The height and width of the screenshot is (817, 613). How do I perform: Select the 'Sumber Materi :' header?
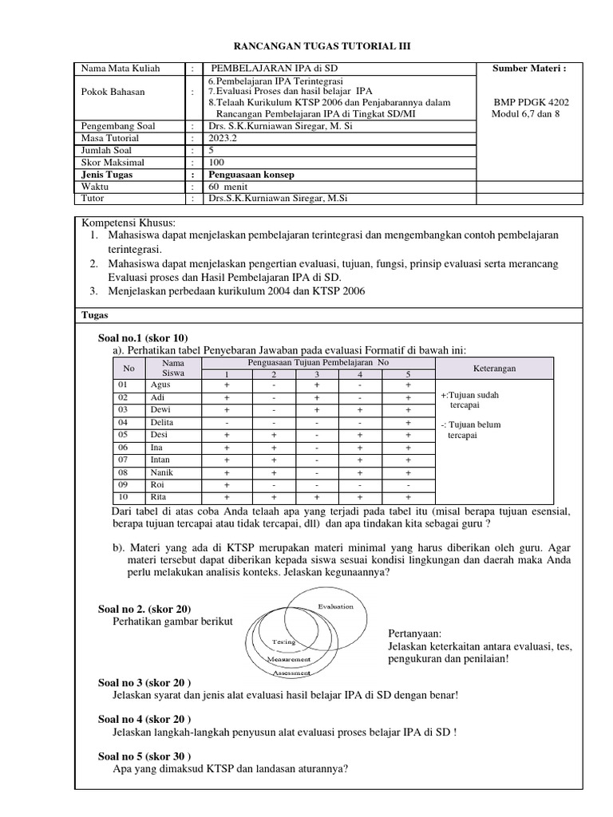(x=529, y=69)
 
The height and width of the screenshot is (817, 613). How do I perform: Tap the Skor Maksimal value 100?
(x=216, y=161)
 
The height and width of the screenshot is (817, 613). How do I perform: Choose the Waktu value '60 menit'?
(x=227, y=186)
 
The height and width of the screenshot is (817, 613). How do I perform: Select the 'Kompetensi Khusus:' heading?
(x=128, y=222)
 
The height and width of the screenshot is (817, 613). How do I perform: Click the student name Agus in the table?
(x=160, y=384)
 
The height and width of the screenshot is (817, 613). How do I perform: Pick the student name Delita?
(x=163, y=422)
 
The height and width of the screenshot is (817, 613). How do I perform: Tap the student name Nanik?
(x=162, y=472)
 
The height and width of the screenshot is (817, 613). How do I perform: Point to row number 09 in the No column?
(x=124, y=485)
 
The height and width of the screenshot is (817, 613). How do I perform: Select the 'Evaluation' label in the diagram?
(x=335, y=607)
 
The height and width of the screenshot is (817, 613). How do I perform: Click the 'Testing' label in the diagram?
(x=283, y=641)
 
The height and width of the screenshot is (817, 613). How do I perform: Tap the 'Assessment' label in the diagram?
(x=292, y=673)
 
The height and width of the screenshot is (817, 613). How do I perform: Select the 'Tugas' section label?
(x=96, y=315)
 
